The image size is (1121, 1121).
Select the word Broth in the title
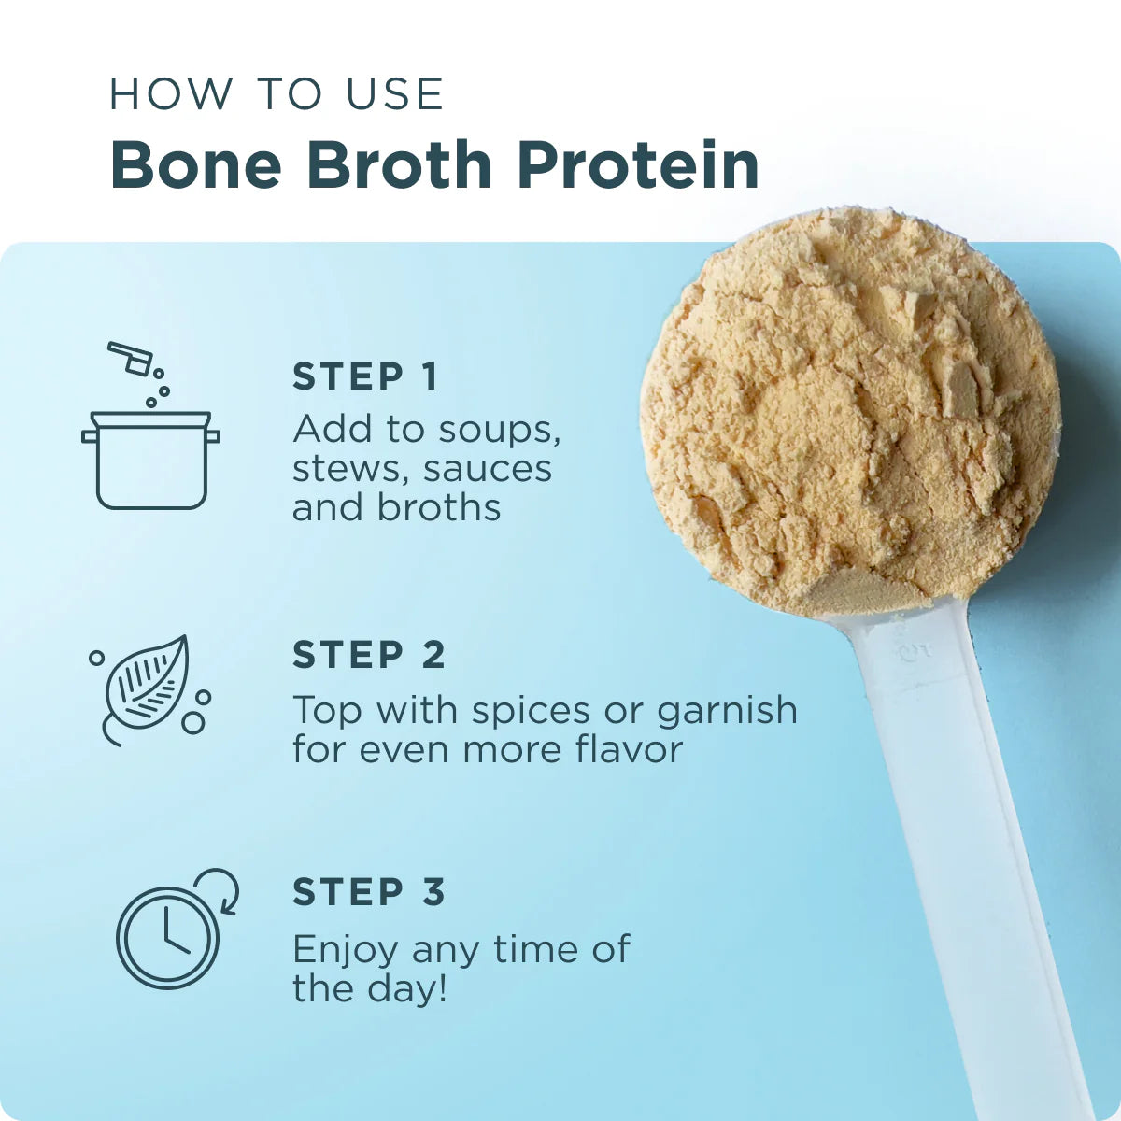point(399,165)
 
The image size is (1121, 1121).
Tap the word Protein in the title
point(638,165)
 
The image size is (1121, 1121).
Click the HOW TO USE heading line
point(277,94)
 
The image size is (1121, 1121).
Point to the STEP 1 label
point(365,376)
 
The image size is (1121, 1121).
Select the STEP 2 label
point(369,655)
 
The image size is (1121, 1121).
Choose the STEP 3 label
point(369,892)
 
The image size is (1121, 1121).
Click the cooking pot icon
point(151,460)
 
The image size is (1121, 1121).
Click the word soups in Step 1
point(500,430)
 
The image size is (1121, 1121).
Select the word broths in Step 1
point(439,507)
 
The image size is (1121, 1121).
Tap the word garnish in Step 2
point(727,712)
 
